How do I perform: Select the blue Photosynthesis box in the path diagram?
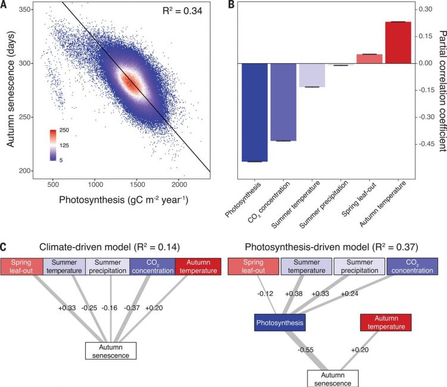coord(280,323)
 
